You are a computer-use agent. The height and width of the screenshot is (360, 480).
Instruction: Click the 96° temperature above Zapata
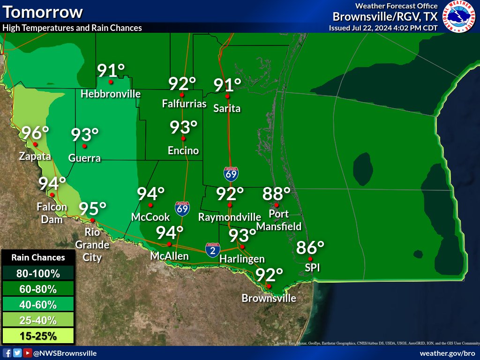[36, 134]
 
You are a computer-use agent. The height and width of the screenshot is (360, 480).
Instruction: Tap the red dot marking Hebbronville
[111, 82]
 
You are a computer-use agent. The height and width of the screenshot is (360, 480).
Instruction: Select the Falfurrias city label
[184, 103]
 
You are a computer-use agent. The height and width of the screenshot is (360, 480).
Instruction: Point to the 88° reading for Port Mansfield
[277, 193]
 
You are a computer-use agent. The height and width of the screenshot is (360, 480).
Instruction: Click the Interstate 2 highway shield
[212, 250]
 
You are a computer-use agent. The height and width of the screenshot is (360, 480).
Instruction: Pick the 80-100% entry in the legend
[38, 273]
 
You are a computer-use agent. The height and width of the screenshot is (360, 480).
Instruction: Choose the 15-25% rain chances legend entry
[38, 336]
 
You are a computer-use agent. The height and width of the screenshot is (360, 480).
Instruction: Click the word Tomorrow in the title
[43, 12]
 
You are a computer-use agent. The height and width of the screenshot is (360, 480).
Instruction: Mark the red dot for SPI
[310, 259]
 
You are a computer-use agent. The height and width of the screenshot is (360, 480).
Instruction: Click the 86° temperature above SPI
[310, 247]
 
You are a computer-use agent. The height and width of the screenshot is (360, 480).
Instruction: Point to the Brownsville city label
[269, 298]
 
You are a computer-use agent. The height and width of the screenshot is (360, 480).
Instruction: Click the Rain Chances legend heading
[38, 257]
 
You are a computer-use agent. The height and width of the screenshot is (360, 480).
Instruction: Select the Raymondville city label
[229, 217]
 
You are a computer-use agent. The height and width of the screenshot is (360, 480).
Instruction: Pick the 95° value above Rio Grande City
[92, 208]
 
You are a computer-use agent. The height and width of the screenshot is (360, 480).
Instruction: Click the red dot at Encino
[183, 139]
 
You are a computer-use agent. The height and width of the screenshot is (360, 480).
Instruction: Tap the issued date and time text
[383, 28]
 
